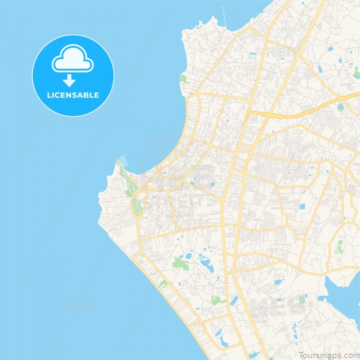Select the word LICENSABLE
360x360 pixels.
(x=73, y=95)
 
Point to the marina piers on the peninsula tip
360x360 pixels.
(x=122, y=162)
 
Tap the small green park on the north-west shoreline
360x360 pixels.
(x=183, y=79)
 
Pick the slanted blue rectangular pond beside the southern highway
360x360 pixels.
(x=234, y=301)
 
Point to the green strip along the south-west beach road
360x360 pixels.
(x=162, y=284)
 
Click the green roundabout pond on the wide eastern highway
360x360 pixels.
(x=341, y=107)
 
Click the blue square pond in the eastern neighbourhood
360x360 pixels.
(x=301, y=207)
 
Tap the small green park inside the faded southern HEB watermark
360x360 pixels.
(x=302, y=299)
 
